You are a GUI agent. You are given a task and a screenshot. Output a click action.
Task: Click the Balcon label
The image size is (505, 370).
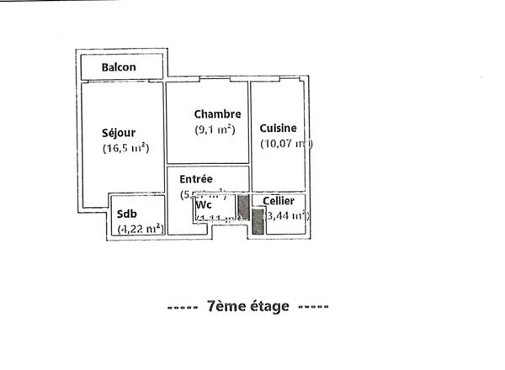[x=120, y=67]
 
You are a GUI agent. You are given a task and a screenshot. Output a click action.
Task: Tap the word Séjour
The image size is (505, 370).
[x=119, y=132]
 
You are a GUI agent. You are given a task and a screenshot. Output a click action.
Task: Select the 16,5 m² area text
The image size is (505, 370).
[x=125, y=149]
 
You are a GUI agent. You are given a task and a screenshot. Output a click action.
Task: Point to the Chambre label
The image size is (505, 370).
[x=217, y=114]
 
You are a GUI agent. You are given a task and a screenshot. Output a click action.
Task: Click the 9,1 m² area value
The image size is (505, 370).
[x=215, y=129]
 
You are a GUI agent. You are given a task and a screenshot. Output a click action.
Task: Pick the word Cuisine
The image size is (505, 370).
[x=278, y=128]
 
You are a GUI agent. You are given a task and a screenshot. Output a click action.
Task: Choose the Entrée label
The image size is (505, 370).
[x=196, y=179]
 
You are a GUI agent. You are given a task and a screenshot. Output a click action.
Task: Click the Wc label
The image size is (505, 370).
[x=203, y=204]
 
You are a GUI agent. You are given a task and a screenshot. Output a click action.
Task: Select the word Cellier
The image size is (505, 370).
[x=279, y=202]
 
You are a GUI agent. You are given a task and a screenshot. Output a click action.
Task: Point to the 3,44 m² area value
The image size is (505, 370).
[x=287, y=216]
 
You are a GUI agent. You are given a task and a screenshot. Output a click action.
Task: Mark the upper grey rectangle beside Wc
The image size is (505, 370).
[x=242, y=208]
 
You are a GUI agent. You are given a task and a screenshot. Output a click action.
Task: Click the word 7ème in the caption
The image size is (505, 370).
[x=224, y=307]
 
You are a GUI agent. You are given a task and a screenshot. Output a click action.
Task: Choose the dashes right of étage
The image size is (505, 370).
[x=313, y=307]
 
